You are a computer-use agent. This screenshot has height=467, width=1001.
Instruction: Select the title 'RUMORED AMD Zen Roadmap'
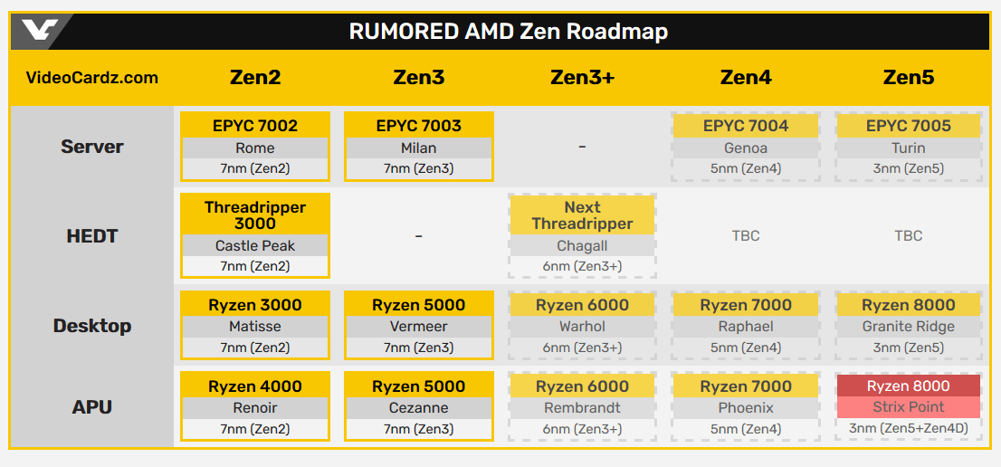tap(508, 32)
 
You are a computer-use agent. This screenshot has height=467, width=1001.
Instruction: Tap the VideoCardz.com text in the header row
tap(92, 78)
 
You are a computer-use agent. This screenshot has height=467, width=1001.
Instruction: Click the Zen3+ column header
tap(582, 78)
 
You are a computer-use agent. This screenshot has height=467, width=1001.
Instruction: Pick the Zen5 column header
tap(908, 78)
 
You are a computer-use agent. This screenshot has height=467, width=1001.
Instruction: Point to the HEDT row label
tap(92, 236)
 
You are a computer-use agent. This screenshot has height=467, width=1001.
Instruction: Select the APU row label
tap(92, 407)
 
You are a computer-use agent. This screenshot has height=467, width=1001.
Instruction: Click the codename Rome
tap(255, 148)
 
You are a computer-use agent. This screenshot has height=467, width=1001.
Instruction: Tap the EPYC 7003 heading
tap(418, 126)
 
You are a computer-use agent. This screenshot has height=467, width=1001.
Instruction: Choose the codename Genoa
tap(746, 148)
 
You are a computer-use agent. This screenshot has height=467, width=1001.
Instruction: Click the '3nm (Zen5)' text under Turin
tap(908, 168)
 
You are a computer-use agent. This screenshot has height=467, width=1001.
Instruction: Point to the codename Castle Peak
tap(255, 245)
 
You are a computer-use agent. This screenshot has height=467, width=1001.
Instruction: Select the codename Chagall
tap(582, 245)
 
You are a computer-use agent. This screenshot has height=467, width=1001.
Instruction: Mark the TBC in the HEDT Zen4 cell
tap(746, 236)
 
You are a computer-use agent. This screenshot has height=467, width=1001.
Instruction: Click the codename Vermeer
tap(418, 327)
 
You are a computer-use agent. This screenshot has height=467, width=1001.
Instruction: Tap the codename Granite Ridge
tap(908, 327)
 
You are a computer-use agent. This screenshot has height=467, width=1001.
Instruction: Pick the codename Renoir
tap(255, 408)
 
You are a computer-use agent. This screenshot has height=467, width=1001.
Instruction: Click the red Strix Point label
tap(908, 407)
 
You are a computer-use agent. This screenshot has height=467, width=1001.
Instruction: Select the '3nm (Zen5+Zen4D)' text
tap(908, 429)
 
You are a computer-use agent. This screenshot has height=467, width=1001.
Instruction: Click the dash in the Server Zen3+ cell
tap(582, 147)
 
